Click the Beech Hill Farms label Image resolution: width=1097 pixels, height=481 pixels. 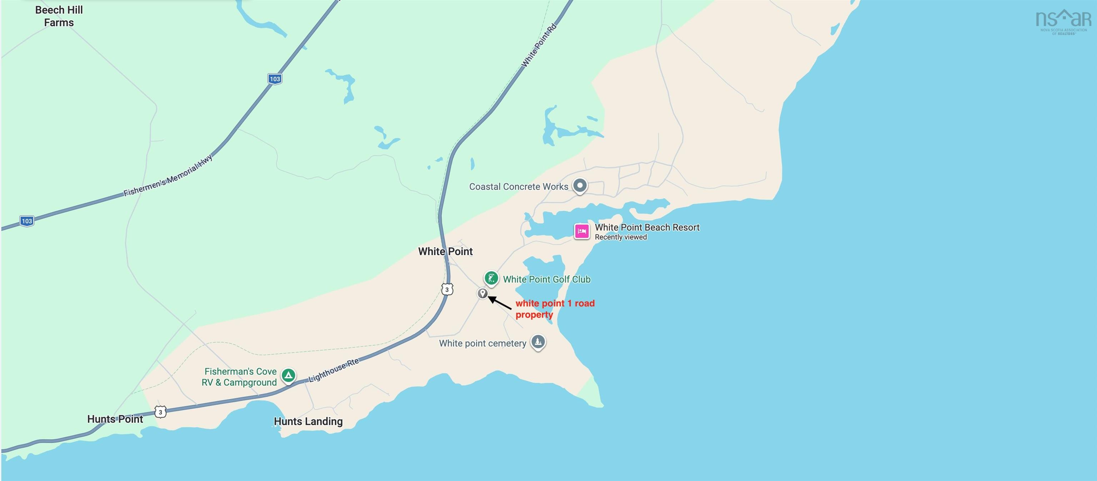tap(59, 16)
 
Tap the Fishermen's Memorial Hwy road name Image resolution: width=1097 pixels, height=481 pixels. tap(168, 176)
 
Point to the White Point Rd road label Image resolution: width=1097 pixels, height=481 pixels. tap(539, 46)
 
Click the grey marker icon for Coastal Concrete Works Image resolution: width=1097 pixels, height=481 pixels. tap(580, 186)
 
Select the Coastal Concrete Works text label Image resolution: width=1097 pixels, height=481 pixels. tap(518, 186)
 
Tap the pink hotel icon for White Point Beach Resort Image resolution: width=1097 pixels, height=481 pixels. tap(581, 231)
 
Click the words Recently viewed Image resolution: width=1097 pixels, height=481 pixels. tap(621, 237)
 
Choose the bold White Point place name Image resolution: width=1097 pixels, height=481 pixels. tap(445, 251)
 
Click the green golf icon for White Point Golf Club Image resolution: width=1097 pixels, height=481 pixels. tap(491, 278)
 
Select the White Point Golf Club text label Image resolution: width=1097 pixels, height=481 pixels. tap(547, 279)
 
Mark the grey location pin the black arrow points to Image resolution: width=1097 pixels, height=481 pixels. tap(482, 293)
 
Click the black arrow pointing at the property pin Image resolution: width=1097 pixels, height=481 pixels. tap(500, 303)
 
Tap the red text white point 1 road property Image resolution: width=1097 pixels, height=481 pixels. tap(555, 309)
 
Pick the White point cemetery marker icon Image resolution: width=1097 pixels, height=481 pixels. tap(538, 341)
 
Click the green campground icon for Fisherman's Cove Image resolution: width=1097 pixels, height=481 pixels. tap(288, 375)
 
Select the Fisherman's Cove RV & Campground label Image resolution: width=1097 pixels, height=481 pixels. tap(239, 377)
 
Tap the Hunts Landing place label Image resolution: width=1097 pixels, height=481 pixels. tap(308, 421)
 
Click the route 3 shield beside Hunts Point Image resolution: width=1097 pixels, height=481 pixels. tap(160, 412)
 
